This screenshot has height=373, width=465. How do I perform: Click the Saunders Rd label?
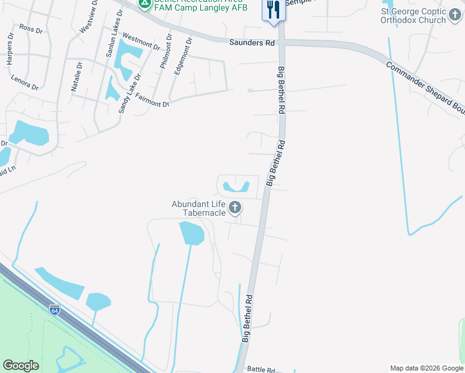coord(252,43)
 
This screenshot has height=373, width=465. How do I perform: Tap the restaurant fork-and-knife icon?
coord(274,9)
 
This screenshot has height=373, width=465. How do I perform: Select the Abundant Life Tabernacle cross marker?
coord(235,208)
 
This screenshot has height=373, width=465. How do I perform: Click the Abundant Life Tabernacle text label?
coord(199,208)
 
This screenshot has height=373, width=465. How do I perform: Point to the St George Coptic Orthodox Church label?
coord(415,16)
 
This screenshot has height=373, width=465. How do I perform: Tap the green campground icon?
coord(144,4)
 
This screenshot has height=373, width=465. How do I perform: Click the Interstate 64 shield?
coord(55,309)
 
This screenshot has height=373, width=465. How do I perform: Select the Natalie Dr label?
coord(77,76)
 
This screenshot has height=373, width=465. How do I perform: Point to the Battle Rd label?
coord(261,369)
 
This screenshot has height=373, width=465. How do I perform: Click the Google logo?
coord(21,366)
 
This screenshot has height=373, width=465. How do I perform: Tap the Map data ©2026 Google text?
coord(426,368)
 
